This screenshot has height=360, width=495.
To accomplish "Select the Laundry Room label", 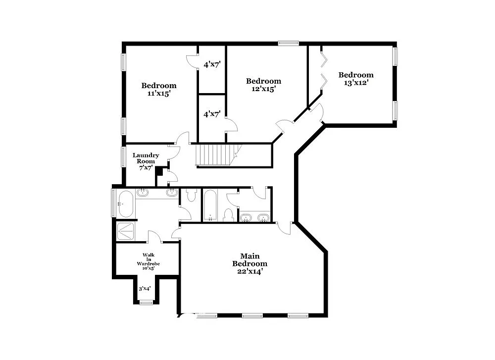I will tap(146, 158).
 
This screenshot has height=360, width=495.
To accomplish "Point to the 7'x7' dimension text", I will tap(145, 168).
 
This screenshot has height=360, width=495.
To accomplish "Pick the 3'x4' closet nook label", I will tap(144, 289).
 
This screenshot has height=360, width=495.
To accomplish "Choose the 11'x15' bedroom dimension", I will tap(158, 94).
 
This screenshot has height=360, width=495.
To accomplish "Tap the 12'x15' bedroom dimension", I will tap(263, 89).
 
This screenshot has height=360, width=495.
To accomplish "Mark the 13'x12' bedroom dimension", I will tap(356, 83).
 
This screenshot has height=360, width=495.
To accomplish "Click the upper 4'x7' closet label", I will tap(212, 64).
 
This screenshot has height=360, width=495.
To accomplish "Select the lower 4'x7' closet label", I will tap(212, 114).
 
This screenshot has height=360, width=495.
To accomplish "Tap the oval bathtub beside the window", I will tap(125, 204).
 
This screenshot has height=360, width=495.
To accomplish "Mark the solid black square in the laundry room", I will tap(159, 171).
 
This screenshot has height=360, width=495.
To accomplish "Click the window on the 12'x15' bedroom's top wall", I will tap(288, 44).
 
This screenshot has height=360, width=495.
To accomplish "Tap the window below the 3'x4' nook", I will tap(146, 303).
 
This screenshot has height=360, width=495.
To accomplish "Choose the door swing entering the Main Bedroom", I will tap(284, 227).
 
